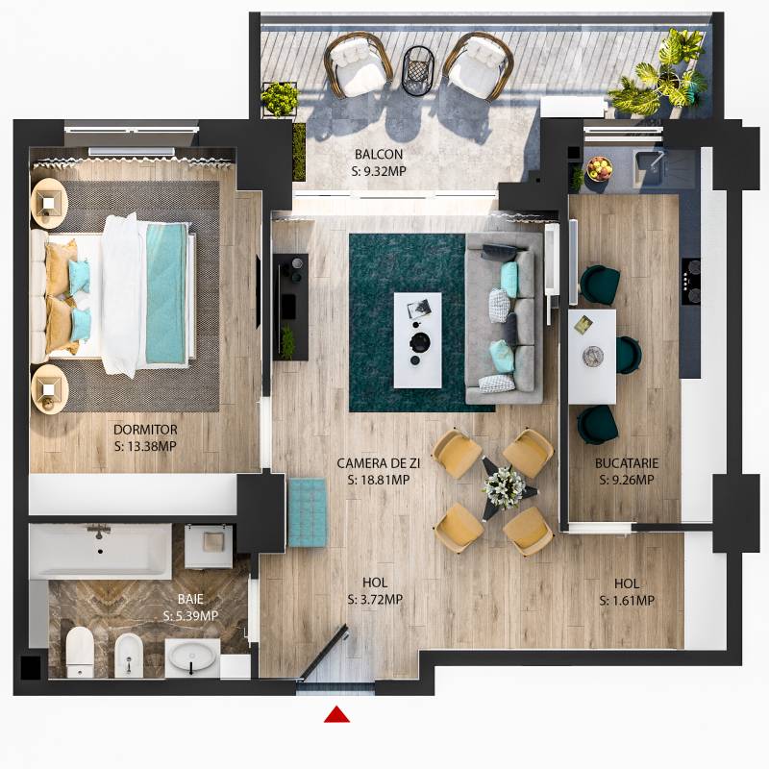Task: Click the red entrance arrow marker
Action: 336,713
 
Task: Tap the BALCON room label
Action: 379,154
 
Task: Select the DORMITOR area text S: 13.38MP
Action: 145,445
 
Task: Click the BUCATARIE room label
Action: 626,463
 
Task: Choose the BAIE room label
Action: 190,599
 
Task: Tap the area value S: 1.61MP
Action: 627,601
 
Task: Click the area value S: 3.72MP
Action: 375,600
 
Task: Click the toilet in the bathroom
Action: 80,651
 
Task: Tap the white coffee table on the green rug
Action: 418,339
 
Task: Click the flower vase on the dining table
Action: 504,485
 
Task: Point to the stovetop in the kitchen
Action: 690,280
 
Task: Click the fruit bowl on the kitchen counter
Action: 599,168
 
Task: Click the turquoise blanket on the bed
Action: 165,291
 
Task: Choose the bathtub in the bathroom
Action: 100,551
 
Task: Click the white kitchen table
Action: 591,355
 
